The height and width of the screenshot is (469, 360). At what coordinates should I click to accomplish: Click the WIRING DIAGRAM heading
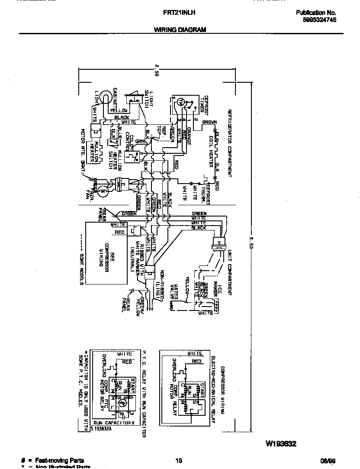tap(180, 30)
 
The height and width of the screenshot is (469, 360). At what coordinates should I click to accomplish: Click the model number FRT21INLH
tap(180, 13)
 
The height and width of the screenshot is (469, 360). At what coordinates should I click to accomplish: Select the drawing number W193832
tap(281, 444)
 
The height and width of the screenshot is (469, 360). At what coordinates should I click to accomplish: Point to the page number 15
tap(179, 461)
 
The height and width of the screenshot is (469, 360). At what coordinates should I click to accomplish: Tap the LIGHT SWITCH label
tap(147, 99)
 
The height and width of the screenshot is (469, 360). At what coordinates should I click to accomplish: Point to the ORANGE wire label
tap(189, 136)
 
